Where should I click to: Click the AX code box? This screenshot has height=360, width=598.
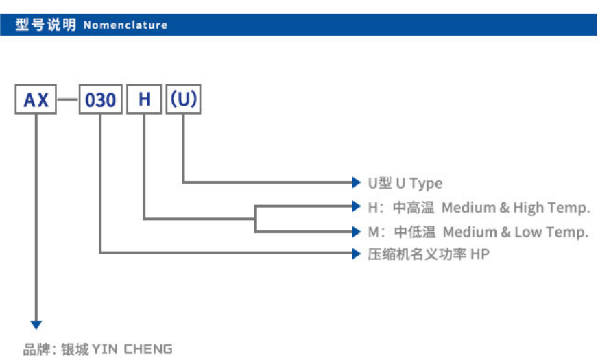36,100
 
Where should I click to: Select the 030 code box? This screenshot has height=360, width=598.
100,100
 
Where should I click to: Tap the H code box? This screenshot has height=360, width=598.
144,100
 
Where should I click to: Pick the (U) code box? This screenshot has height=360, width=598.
183,100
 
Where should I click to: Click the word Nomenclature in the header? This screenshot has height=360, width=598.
125,25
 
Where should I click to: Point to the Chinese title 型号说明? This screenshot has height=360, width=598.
46,25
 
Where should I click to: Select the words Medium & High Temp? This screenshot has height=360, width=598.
516,207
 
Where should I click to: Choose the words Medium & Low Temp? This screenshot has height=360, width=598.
515,232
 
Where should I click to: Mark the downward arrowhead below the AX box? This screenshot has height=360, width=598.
36,324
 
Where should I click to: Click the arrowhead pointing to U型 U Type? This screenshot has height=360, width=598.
355,182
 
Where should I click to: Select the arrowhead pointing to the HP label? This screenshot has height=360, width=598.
355,253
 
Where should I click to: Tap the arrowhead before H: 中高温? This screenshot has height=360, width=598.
355,206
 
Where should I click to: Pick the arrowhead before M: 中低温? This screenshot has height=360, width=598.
355,231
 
